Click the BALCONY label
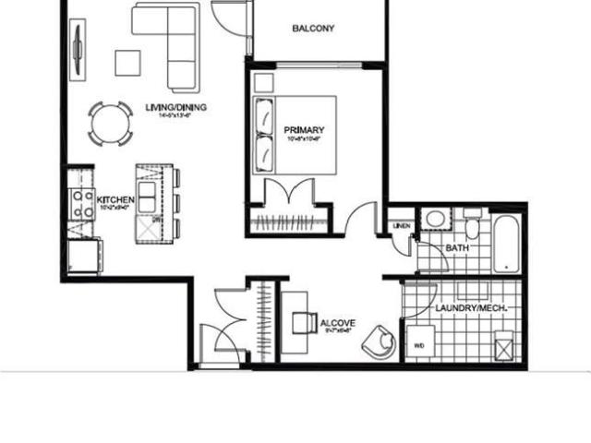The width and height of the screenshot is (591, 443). pos(313,28)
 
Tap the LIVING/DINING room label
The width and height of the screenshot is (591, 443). pos(175,108)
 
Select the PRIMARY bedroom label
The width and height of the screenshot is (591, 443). pos(297,130)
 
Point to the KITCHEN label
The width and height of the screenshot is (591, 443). pos(116,199)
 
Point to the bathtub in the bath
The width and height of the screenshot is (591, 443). pos(507,244)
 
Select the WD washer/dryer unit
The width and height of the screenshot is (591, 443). pos(417,342)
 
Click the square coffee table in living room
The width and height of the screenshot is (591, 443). pos(127,61)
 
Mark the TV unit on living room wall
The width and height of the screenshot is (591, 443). pos(77,42)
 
